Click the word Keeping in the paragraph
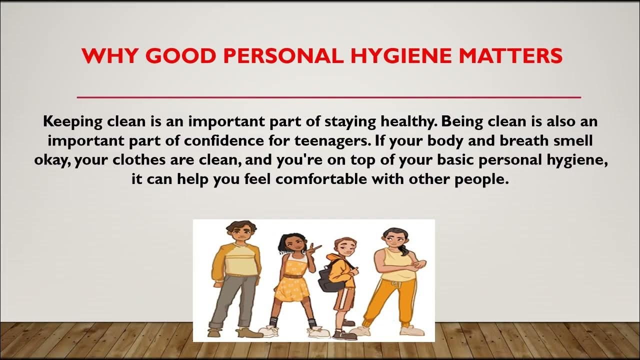72,121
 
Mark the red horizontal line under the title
328,96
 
